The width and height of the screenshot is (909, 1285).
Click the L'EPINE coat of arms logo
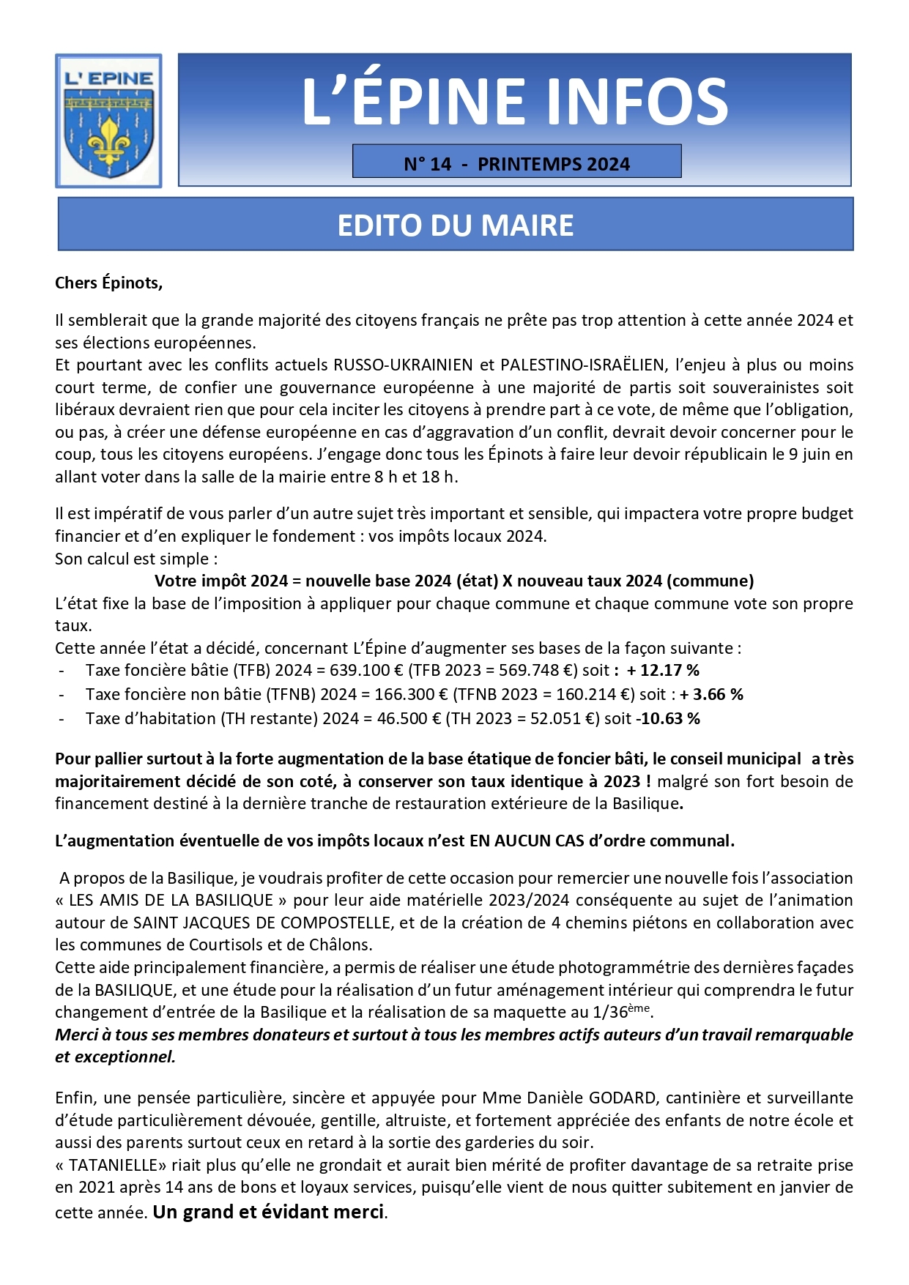[108, 121]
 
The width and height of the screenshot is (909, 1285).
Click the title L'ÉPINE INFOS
[514, 101]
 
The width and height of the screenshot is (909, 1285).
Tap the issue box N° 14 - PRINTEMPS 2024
[516, 163]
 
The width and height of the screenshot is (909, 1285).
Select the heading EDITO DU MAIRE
[455, 225]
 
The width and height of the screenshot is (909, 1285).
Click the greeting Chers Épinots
[108, 283]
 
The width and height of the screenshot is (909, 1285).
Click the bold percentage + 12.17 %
[663, 670]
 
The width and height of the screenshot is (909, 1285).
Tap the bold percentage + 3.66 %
[711, 694]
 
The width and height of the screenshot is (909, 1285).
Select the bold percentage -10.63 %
[667, 718]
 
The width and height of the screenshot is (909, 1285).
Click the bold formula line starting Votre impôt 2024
[454, 581]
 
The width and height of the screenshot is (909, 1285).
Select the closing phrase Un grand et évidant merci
[269, 1212]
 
